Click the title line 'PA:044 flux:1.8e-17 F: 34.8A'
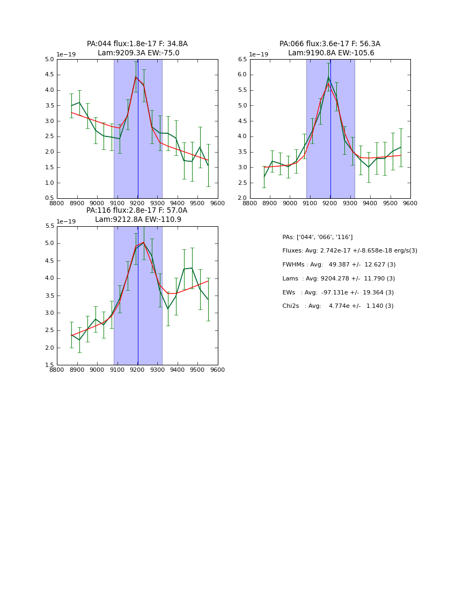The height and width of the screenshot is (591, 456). click(137, 44)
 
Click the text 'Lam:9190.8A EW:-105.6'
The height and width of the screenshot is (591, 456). click(331, 53)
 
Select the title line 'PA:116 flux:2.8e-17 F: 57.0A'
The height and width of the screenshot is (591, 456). click(137, 211)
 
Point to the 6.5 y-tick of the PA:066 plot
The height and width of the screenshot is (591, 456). click(242, 59)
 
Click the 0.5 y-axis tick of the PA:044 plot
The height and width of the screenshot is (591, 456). click(49, 198)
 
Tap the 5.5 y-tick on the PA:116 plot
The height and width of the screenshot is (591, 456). click(49, 226)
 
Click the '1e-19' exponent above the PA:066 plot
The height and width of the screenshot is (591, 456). click(259, 55)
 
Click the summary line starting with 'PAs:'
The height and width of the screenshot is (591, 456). click(318, 237)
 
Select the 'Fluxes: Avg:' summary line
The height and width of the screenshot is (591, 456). click(350, 251)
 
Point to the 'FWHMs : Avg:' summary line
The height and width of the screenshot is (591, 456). click(339, 265)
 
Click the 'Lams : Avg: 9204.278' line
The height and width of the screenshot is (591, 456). click(339, 279)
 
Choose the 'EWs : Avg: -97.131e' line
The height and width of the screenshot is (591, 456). click(338, 292)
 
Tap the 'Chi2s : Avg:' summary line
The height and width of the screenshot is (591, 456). click(338, 306)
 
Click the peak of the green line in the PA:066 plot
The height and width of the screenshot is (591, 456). click(328, 77)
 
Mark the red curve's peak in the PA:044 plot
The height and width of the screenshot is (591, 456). click(136, 77)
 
